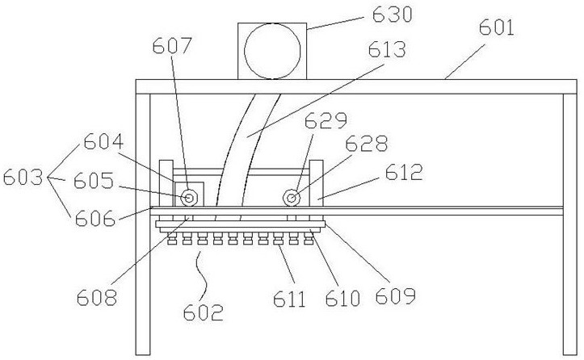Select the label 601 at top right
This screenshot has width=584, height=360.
click(x=498, y=29)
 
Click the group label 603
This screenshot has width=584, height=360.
click(x=22, y=176)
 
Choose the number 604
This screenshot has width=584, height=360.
click(x=103, y=145)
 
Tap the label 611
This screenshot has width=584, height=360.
click(x=290, y=300)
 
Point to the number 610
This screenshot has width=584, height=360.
click(x=342, y=300)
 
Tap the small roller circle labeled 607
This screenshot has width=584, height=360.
click(x=190, y=197)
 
